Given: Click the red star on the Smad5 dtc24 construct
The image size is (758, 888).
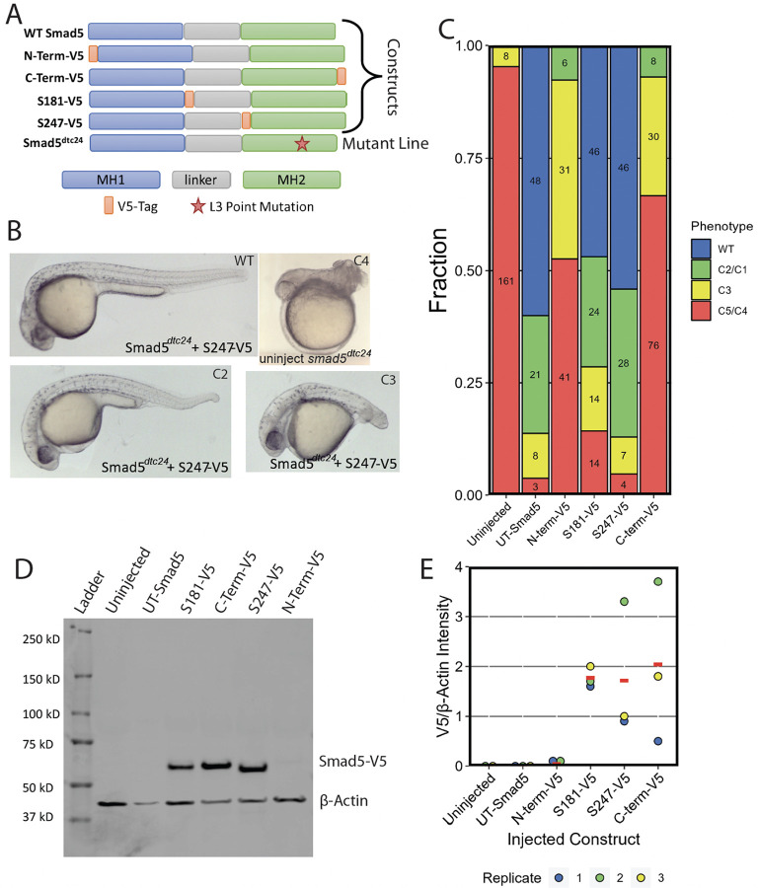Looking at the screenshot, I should coord(302,144).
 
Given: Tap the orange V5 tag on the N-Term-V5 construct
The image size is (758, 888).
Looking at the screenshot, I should coord(93,52).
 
